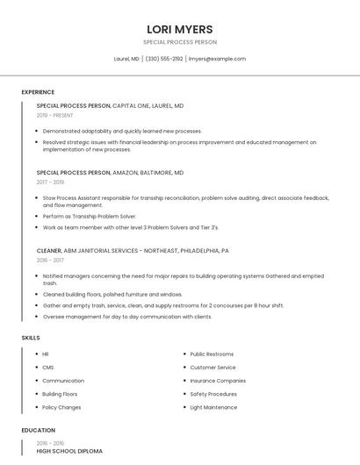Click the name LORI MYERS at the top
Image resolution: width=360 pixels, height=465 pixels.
(x=180, y=29)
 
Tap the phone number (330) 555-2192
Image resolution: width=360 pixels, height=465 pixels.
(x=164, y=59)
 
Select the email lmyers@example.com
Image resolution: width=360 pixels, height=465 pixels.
(x=217, y=59)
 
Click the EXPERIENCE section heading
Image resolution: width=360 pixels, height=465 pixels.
(x=38, y=92)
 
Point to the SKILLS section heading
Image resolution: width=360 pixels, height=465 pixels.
(x=31, y=338)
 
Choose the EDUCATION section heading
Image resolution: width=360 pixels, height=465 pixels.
(x=38, y=431)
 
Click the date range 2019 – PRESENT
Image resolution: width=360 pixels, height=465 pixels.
(x=55, y=115)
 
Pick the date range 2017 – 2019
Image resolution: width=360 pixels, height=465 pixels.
(x=50, y=182)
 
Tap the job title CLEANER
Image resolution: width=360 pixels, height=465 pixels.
(x=49, y=251)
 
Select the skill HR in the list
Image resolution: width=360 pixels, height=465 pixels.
(x=46, y=354)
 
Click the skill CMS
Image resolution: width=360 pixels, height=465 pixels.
(x=47, y=368)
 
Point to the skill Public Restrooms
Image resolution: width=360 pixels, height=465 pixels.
(x=212, y=354)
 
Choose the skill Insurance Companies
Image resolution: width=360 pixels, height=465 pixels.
(x=218, y=381)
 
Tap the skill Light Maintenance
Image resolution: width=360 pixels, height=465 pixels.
(x=213, y=407)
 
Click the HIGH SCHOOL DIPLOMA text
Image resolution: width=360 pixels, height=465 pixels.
(x=69, y=451)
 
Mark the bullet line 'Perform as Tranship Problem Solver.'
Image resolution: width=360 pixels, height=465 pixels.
(x=90, y=216)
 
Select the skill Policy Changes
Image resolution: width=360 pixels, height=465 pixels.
(x=61, y=407)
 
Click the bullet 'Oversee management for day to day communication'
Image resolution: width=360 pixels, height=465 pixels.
(x=127, y=317)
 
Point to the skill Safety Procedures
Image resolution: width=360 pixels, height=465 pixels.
(x=213, y=394)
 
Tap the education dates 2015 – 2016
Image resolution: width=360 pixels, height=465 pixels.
(x=50, y=443)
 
